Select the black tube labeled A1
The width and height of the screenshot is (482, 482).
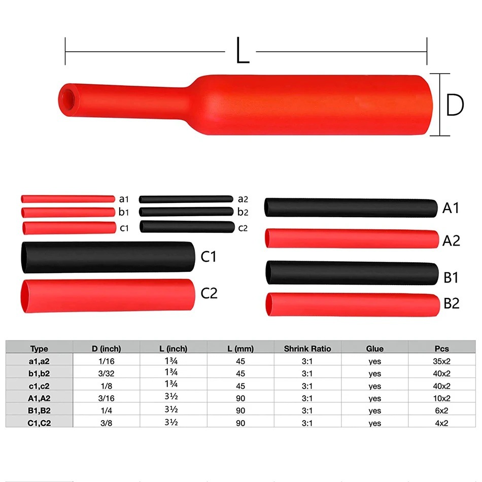[x=351, y=208]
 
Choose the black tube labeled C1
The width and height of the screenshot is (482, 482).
[x=107, y=257]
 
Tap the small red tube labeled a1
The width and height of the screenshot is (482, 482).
[x=67, y=199]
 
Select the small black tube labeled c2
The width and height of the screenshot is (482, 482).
[x=187, y=227]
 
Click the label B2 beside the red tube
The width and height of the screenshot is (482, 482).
[x=451, y=303]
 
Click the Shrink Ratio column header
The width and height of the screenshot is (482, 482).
[x=307, y=349]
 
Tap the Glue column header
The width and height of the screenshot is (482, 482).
[x=374, y=349]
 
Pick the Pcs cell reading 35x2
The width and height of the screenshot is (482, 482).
[x=442, y=361]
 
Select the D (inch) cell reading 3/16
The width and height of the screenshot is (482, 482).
[x=107, y=398]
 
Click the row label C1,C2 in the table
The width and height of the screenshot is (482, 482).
[x=39, y=423]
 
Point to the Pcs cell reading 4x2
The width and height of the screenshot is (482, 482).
[x=442, y=423]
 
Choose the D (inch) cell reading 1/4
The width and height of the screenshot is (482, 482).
[x=107, y=410]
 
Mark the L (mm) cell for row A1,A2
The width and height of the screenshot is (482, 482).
[x=240, y=398]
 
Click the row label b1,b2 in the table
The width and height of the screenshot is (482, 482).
[x=39, y=373]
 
